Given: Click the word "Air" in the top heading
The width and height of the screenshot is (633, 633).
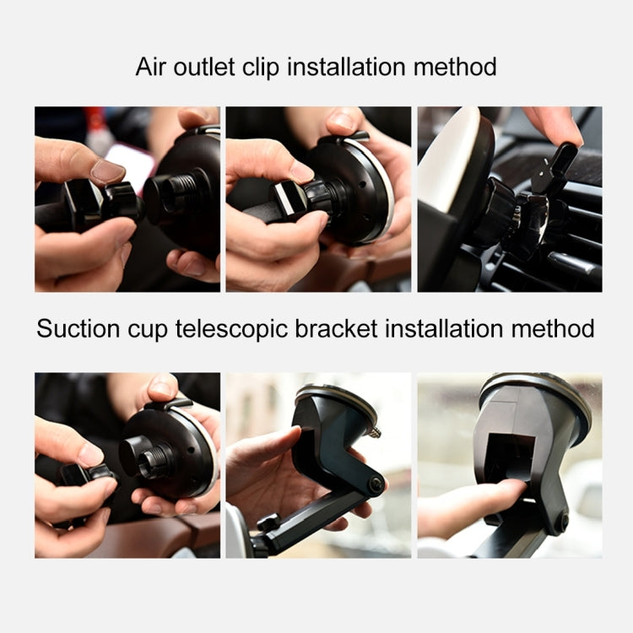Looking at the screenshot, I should coord(153,66).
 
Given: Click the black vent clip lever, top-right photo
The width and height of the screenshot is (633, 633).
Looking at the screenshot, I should coord(560,160).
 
